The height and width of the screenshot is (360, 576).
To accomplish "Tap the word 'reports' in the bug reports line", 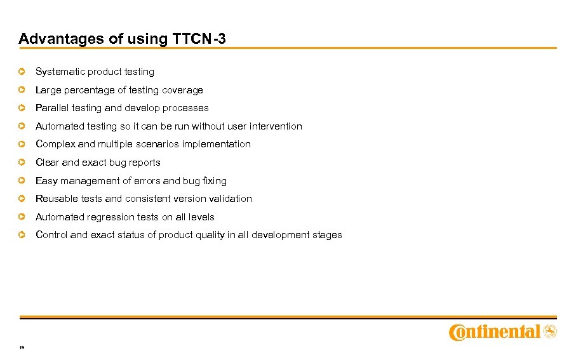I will coord(144,163).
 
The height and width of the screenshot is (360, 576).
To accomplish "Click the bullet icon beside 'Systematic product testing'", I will coord(22,72).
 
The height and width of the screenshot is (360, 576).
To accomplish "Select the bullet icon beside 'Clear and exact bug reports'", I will coord(22,163).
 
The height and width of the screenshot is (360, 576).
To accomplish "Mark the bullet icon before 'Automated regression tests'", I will coord(22,217).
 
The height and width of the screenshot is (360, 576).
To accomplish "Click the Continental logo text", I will coord(495,332).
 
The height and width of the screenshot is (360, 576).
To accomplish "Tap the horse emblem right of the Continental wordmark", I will coord(550,331).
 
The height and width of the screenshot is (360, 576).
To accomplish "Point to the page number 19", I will coord(22,348).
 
